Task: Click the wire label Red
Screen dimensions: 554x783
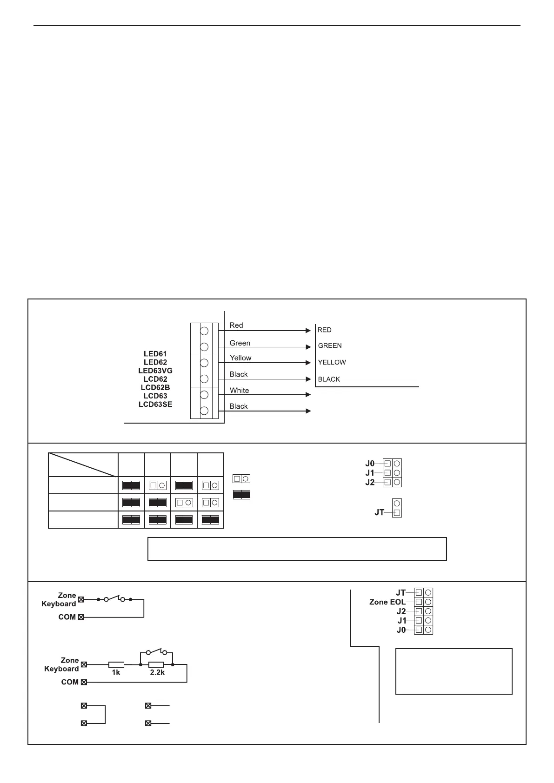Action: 236,325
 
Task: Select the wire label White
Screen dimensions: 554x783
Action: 239,391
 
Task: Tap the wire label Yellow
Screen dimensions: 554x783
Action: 240,358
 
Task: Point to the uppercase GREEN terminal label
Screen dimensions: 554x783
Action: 330,346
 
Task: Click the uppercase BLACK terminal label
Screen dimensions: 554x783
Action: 329,379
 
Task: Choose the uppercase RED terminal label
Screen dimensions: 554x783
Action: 324,330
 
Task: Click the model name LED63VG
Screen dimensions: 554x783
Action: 155,371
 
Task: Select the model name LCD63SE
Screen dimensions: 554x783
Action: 155,405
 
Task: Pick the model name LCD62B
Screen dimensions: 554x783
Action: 155,387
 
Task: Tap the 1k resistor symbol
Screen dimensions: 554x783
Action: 116,665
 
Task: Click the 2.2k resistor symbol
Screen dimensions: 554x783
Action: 156,665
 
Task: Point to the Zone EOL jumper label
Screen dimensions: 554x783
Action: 387,602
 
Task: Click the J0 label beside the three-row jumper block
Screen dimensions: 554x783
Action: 370,464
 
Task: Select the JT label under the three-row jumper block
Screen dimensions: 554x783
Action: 380,512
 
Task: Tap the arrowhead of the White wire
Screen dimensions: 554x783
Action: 308,395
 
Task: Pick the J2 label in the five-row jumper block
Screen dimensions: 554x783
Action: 401,611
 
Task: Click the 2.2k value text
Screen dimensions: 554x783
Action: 157,672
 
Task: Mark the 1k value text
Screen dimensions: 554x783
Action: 116,672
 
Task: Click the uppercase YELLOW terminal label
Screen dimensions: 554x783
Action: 332,363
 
